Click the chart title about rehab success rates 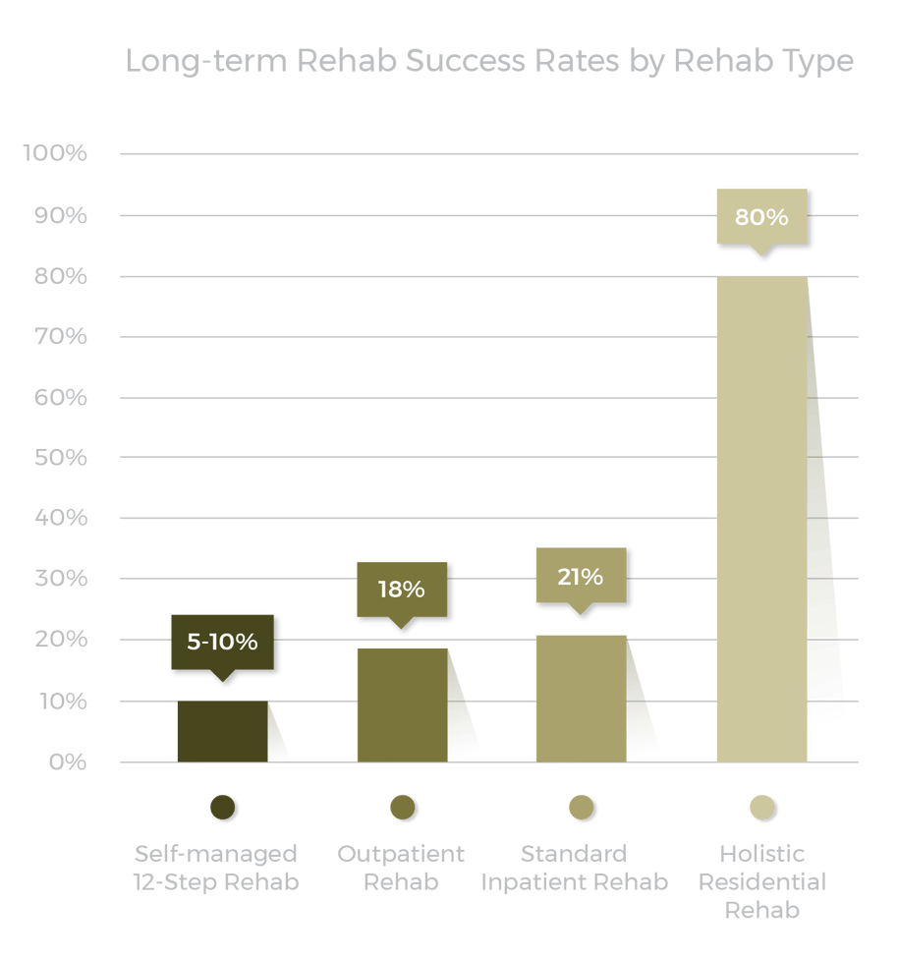pyautogui.click(x=489, y=61)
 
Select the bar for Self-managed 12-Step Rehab pyautogui.click(x=222, y=731)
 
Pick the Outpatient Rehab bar pyautogui.click(x=402, y=704)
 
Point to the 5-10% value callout pyautogui.click(x=222, y=643)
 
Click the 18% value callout pyautogui.click(x=401, y=590)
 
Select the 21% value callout pyautogui.click(x=580, y=577)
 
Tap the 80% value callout pyautogui.click(x=761, y=217)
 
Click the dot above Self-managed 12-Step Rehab pyautogui.click(x=223, y=808)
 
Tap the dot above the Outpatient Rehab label pyautogui.click(x=403, y=808)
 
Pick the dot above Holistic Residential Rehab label pyautogui.click(x=762, y=808)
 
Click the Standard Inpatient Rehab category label pyautogui.click(x=574, y=867)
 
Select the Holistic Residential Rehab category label pyautogui.click(x=762, y=881)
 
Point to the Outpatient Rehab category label pyautogui.click(x=401, y=867)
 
